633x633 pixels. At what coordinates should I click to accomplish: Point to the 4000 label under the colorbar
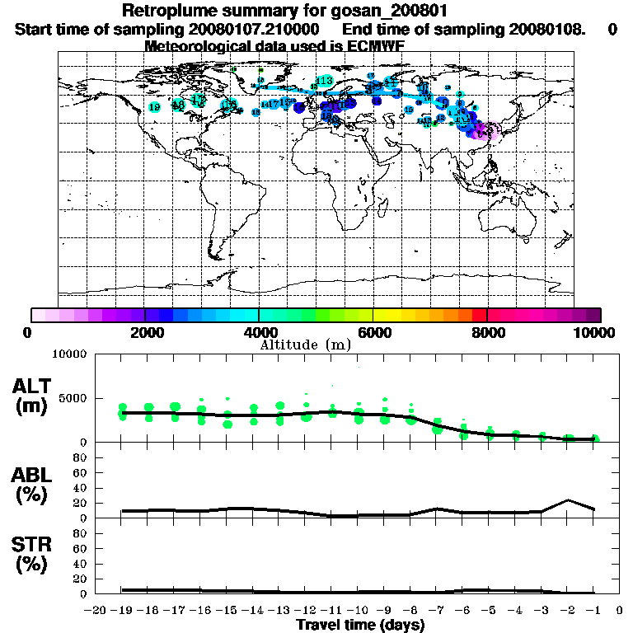(259, 332)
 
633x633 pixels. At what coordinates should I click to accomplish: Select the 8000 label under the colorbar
(487, 332)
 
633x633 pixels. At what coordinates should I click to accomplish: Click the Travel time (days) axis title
(360, 626)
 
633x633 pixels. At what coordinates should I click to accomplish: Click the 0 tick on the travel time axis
(621, 611)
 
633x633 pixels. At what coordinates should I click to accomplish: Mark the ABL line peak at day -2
(569, 500)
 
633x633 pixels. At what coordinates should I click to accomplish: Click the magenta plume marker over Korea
(489, 130)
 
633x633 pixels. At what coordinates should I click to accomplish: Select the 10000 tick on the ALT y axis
(72, 354)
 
